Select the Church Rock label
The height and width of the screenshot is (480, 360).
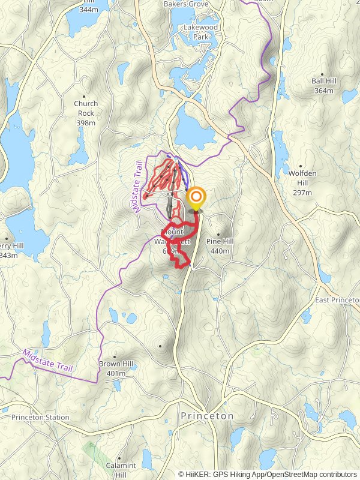point(86,108)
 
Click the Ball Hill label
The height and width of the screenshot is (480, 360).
point(326,81)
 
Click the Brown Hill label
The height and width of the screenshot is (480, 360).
point(116,364)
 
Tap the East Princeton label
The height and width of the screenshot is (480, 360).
point(337,299)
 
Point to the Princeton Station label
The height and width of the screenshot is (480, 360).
point(40,417)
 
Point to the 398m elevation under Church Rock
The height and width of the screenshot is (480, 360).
point(86,122)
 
